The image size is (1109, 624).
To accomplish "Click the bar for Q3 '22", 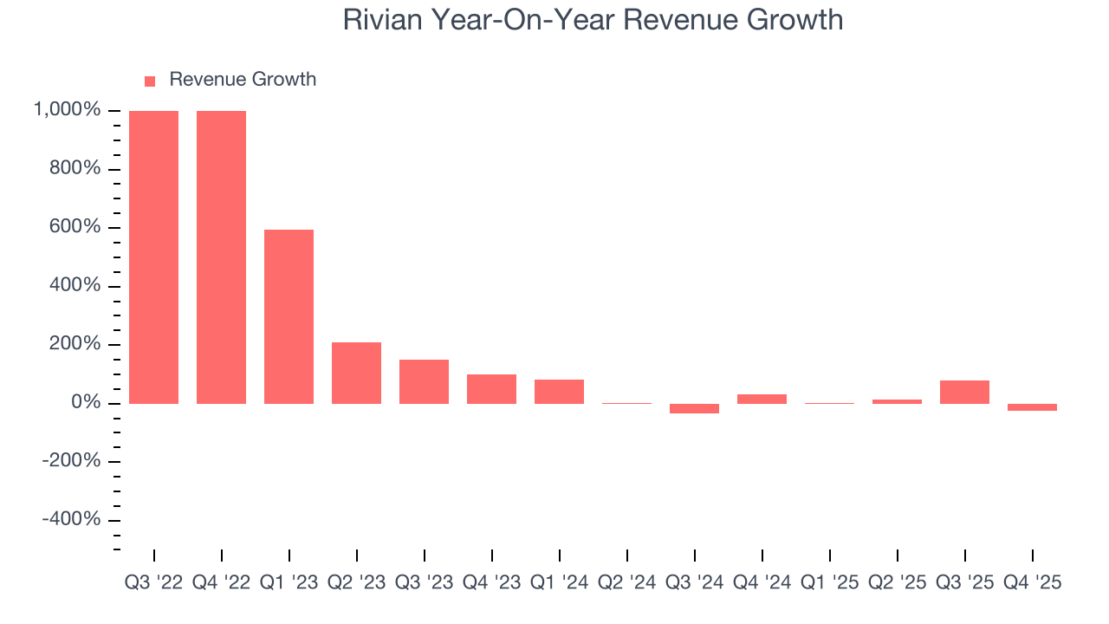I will click(x=153, y=257).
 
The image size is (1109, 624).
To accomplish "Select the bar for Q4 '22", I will click(x=221, y=257).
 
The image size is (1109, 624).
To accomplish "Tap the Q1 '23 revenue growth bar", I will click(x=289, y=316).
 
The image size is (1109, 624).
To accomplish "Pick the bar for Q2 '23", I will click(x=356, y=373).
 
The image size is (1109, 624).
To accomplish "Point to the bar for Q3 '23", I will click(x=424, y=381).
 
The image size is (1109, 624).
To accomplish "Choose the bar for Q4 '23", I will click(x=491, y=389).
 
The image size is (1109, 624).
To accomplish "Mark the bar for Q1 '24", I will click(x=559, y=392).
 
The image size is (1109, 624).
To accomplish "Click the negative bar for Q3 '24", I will click(x=694, y=408).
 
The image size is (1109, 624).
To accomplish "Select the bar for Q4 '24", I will click(x=762, y=399).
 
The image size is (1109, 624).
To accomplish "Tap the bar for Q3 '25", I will click(x=964, y=392).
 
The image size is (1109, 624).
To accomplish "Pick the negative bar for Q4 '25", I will click(x=1032, y=407).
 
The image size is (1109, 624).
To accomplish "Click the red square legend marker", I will click(x=150, y=81).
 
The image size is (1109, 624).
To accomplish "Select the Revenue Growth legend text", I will click(x=243, y=80).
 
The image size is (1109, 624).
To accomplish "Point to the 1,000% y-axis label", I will click(x=67, y=110).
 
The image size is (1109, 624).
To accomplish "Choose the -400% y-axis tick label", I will click(x=70, y=519).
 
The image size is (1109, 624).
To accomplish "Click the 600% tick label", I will click(x=75, y=227).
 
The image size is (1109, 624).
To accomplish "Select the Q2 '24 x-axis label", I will click(x=626, y=582).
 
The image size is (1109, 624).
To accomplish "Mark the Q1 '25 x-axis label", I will click(x=829, y=582).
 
